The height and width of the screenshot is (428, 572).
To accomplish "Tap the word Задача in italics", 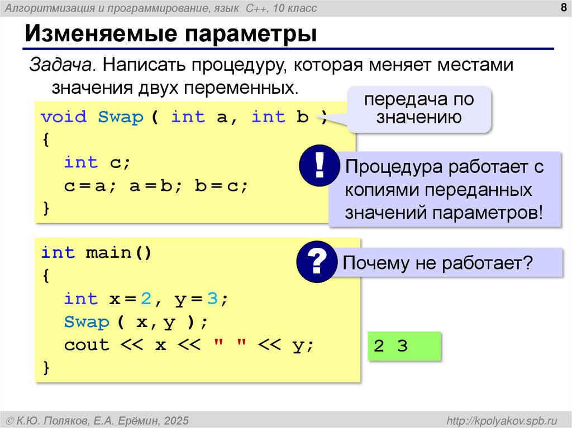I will point(61,65).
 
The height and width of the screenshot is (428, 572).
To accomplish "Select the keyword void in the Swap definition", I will point(64,117).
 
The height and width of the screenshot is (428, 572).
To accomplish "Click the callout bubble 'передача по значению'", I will point(419,109).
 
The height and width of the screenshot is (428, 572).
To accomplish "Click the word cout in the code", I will point(87,345).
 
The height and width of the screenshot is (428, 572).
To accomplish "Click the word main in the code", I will point(108,253).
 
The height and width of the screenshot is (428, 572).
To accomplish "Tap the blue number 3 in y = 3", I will point(212,299).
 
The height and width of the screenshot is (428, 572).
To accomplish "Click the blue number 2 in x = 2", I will point(146,299).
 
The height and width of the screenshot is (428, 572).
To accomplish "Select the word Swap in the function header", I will point(121,117).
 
